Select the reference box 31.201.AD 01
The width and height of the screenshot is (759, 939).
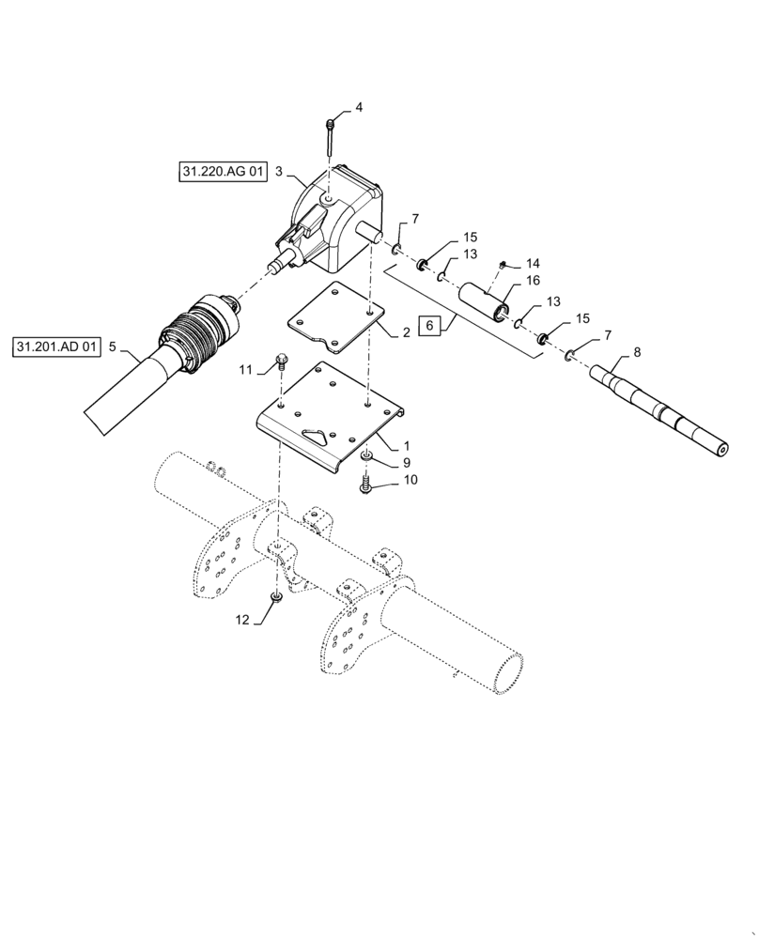pos(57,347)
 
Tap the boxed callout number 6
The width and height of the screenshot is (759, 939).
pos(429,326)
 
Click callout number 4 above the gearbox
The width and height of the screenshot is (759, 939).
pos(358,108)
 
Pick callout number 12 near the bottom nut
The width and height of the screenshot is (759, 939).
pos(242,620)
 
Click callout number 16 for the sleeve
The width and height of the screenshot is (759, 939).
pos(533,280)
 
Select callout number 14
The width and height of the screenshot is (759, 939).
pos(533,263)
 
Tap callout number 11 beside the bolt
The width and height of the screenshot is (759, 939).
pos(245,371)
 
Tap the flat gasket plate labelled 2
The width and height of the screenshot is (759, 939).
pos(334,315)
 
